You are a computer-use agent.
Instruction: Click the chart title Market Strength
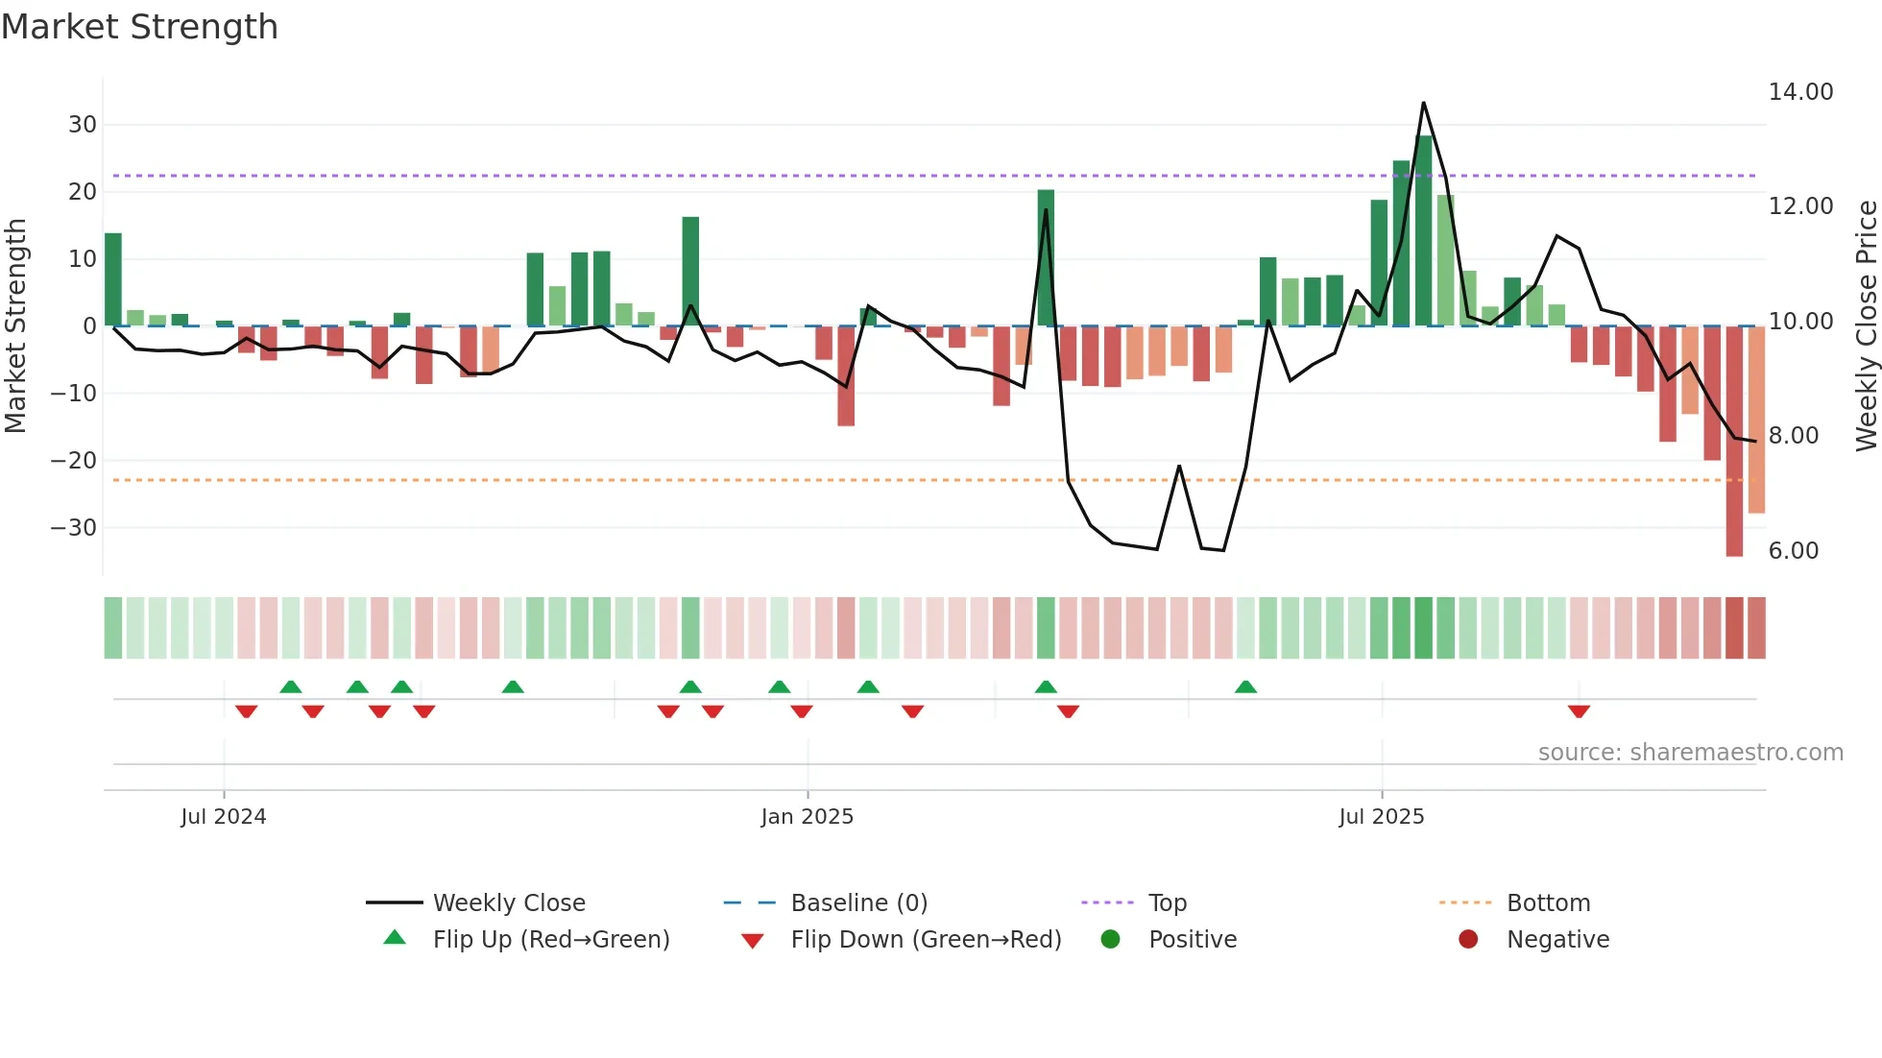(x=139, y=27)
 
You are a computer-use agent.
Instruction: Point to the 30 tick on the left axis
(x=82, y=125)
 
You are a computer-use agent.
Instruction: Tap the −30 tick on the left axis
(x=74, y=528)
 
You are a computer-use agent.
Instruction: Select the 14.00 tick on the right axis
(x=1800, y=92)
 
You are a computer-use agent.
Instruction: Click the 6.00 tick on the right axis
(x=1793, y=551)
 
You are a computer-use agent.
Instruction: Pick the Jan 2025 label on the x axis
(x=807, y=817)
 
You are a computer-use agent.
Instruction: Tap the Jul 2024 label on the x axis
(x=223, y=817)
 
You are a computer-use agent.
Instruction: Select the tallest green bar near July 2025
(x=1424, y=230)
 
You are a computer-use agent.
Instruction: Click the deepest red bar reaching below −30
(x=1734, y=442)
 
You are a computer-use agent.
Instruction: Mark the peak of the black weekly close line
(x=1423, y=103)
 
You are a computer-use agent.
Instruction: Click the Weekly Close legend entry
(x=508, y=903)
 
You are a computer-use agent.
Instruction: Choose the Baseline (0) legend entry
(x=858, y=903)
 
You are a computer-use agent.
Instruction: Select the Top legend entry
(x=1167, y=903)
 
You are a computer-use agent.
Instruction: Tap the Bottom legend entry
(x=1548, y=903)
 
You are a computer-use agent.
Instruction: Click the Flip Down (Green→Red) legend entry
(x=925, y=940)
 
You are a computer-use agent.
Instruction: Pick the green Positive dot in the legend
(x=1111, y=940)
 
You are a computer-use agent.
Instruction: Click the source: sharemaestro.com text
(x=1690, y=753)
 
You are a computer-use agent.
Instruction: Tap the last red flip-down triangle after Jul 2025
(x=1579, y=710)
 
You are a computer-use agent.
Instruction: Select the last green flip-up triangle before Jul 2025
(x=1245, y=687)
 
